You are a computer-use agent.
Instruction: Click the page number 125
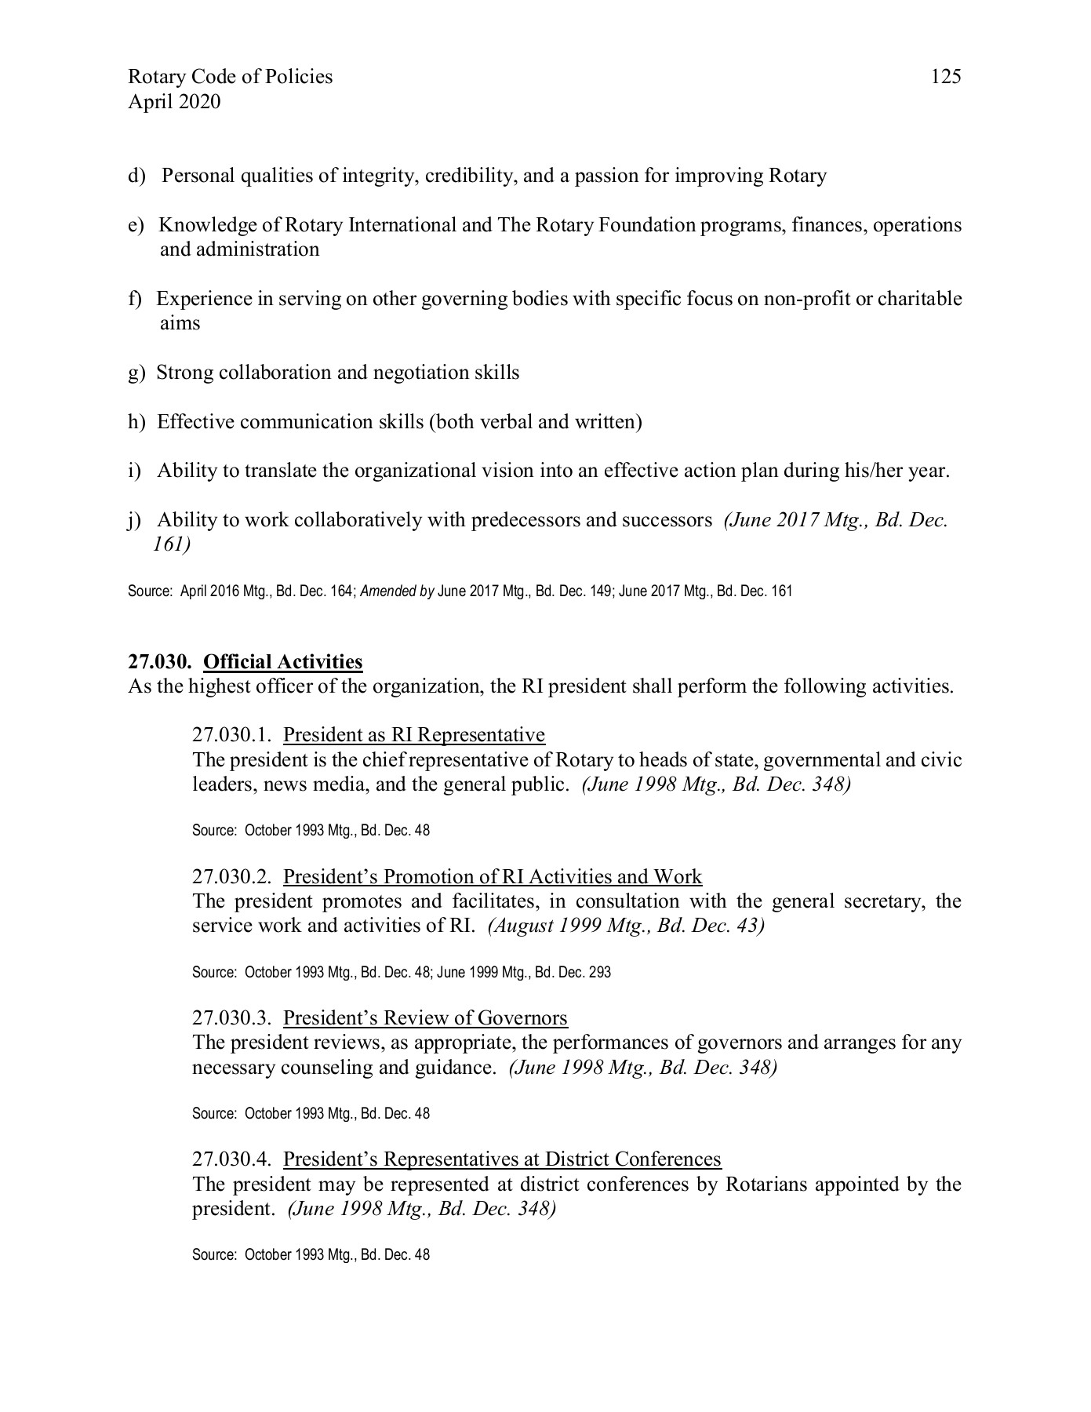[x=945, y=77]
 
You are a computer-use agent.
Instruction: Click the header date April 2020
[x=174, y=102]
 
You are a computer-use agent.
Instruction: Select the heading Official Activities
[x=282, y=662]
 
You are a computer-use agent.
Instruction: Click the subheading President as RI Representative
[x=413, y=735]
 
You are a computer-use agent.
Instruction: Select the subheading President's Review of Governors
[x=425, y=1018]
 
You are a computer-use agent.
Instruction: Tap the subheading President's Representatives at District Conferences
[x=502, y=1159]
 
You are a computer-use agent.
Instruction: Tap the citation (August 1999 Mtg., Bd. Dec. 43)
[x=625, y=926]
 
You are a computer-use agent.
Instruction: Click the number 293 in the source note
[x=599, y=973]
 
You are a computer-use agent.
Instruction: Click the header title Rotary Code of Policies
[x=230, y=77]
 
